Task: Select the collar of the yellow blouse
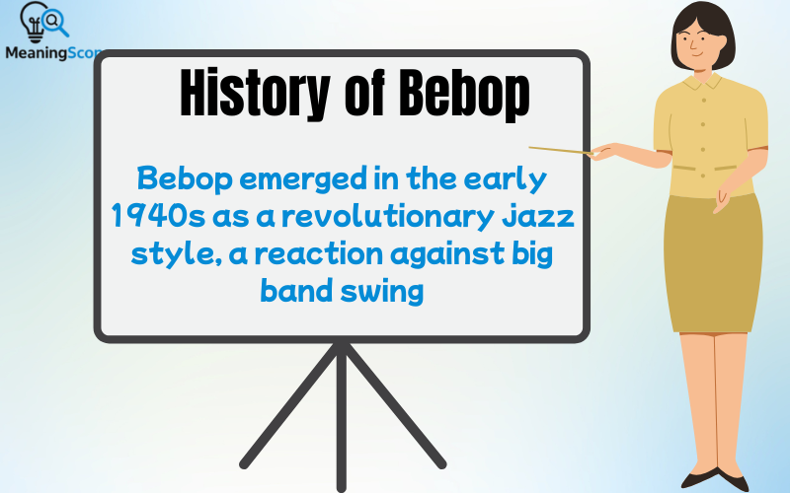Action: tap(703, 84)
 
